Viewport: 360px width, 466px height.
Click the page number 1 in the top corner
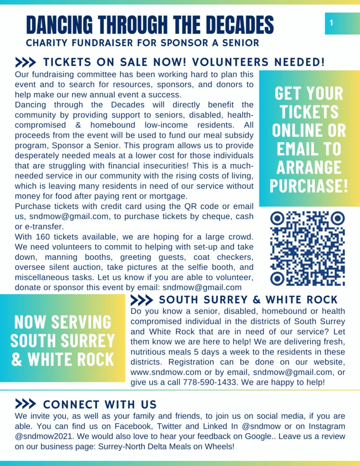(x=331, y=23)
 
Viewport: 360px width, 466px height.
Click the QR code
(x=308, y=248)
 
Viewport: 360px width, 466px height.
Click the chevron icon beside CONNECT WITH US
(x=25, y=404)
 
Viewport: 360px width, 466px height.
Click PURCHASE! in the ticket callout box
(x=309, y=186)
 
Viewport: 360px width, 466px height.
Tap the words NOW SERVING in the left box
(x=62, y=322)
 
